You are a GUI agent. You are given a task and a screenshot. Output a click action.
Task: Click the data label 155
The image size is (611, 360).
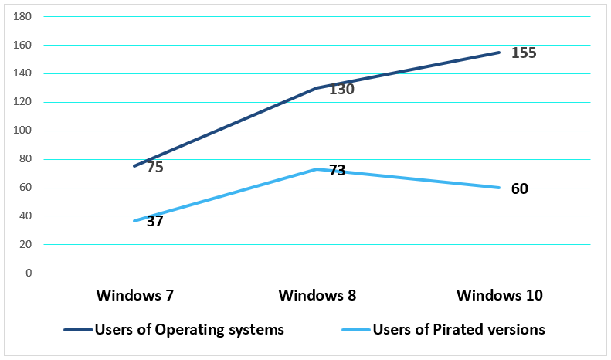click(x=524, y=53)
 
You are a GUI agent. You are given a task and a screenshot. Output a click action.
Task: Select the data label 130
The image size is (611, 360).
click(x=341, y=90)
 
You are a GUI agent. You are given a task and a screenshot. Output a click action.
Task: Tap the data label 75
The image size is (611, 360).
click(x=154, y=167)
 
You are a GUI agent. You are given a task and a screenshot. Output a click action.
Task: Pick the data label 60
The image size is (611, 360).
click(x=520, y=188)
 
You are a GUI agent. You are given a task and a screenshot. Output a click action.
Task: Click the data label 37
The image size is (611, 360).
click(x=154, y=222)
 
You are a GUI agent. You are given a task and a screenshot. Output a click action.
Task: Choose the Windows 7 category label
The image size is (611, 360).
click(x=134, y=295)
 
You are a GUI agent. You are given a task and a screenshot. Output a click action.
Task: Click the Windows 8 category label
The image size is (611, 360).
click(x=317, y=295)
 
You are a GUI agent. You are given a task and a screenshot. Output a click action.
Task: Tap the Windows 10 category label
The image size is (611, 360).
click(x=500, y=295)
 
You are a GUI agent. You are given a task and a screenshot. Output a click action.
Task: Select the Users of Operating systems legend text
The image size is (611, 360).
click(x=189, y=330)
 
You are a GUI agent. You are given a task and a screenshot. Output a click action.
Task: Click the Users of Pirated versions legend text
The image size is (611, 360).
click(x=459, y=330)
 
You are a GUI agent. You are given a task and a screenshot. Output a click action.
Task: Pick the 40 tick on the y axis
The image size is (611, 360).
click(x=26, y=216)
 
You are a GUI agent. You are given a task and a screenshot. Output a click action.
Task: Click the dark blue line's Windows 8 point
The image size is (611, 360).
click(x=317, y=88)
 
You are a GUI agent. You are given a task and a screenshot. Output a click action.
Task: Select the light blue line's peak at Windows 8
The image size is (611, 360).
click(x=317, y=169)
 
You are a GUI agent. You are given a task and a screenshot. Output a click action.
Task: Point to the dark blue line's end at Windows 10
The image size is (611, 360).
click(x=500, y=53)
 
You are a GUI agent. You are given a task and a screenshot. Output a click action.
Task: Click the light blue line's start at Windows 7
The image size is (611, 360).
click(x=134, y=221)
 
